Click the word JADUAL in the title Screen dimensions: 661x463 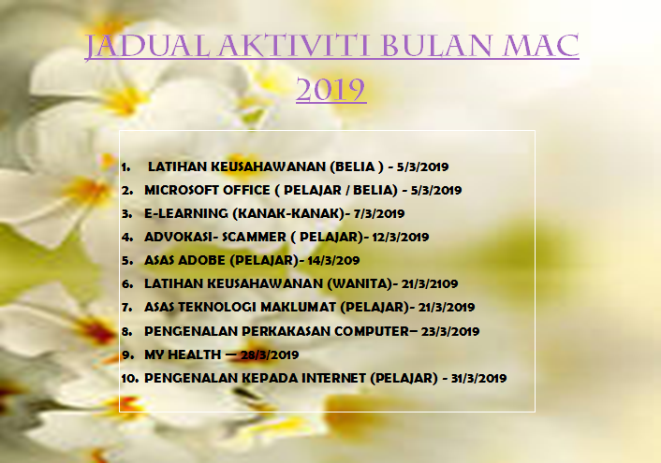tap(148, 47)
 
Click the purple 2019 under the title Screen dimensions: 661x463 tap(330, 89)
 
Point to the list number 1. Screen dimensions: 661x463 tap(125, 167)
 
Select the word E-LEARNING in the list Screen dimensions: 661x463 tap(186, 213)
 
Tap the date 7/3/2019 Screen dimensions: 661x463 tap(379, 213)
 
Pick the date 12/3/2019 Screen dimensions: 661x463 tap(400, 237)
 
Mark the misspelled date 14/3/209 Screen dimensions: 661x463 tap(333, 260)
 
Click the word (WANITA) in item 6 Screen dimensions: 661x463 tap(360, 284)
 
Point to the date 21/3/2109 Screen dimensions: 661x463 tap(430, 284)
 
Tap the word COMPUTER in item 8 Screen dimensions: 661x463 tap(372, 331)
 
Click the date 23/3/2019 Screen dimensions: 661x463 tap(450, 331)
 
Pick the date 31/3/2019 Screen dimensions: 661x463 tap(478, 378)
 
